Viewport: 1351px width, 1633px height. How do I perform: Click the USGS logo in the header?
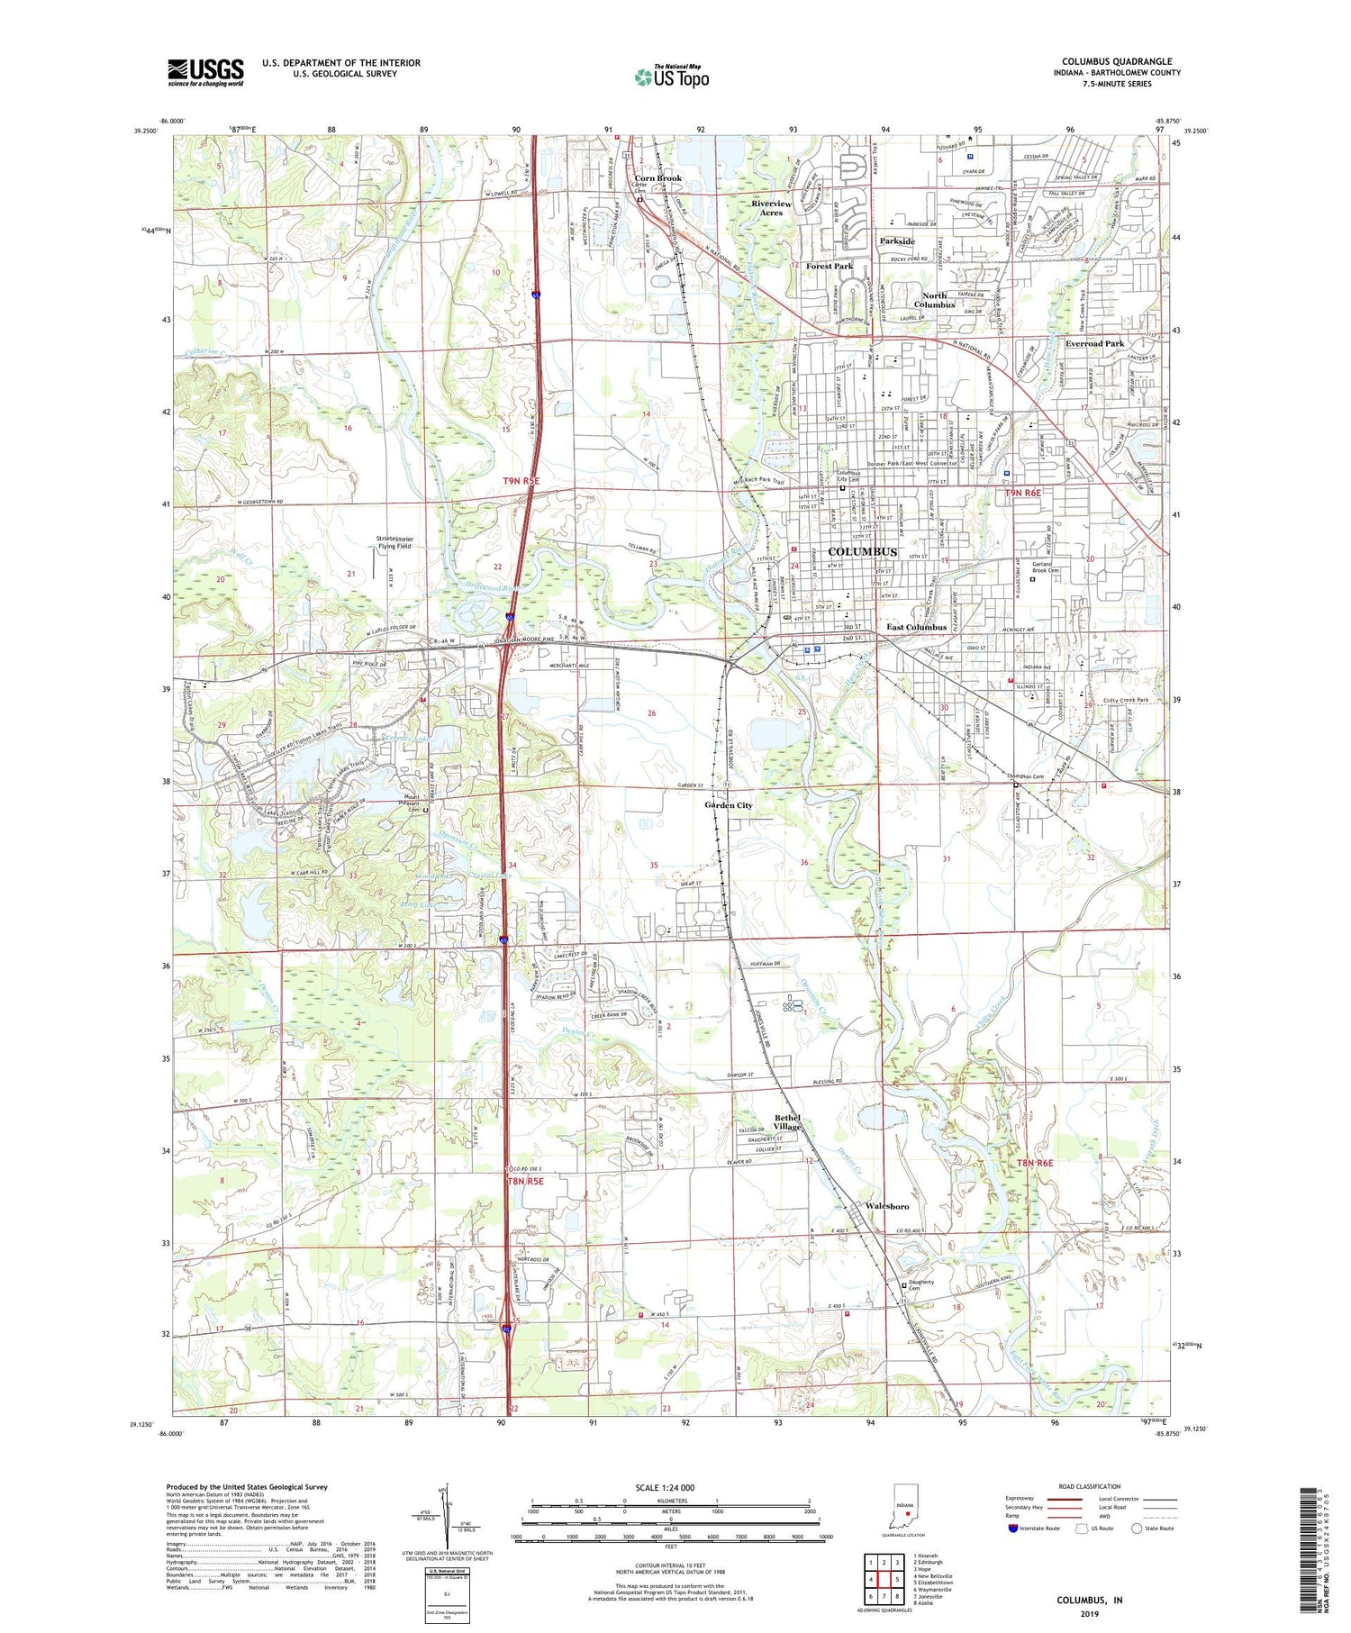(x=205, y=72)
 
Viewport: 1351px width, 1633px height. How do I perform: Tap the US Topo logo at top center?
(x=672, y=77)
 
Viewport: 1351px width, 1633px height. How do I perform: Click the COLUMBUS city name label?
(x=862, y=551)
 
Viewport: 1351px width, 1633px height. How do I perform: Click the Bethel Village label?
(x=787, y=1122)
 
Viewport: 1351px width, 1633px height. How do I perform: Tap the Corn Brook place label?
(x=658, y=178)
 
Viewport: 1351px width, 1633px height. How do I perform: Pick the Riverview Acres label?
(x=772, y=208)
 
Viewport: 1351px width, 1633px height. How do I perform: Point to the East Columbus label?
(x=916, y=627)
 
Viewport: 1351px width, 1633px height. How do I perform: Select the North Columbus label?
(x=934, y=300)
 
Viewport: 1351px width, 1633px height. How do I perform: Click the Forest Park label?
(x=830, y=267)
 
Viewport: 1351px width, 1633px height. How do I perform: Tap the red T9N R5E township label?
(x=521, y=482)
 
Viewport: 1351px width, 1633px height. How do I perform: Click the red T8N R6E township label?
(x=1035, y=1164)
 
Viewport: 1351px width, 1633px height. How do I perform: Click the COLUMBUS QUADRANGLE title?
(x=1117, y=62)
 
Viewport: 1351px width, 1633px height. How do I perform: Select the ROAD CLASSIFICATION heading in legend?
(x=1090, y=1486)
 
